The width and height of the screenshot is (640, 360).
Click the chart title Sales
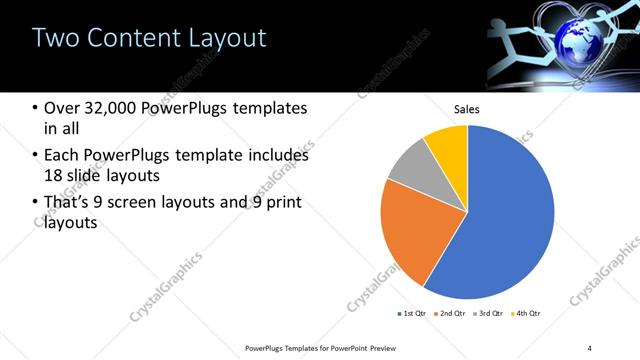point(468,109)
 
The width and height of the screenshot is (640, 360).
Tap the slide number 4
point(590,348)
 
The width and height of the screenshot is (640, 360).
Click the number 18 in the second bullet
point(55,177)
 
